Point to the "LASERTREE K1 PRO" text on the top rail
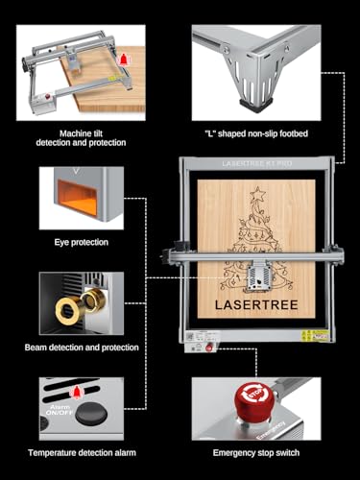(x=255, y=165)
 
